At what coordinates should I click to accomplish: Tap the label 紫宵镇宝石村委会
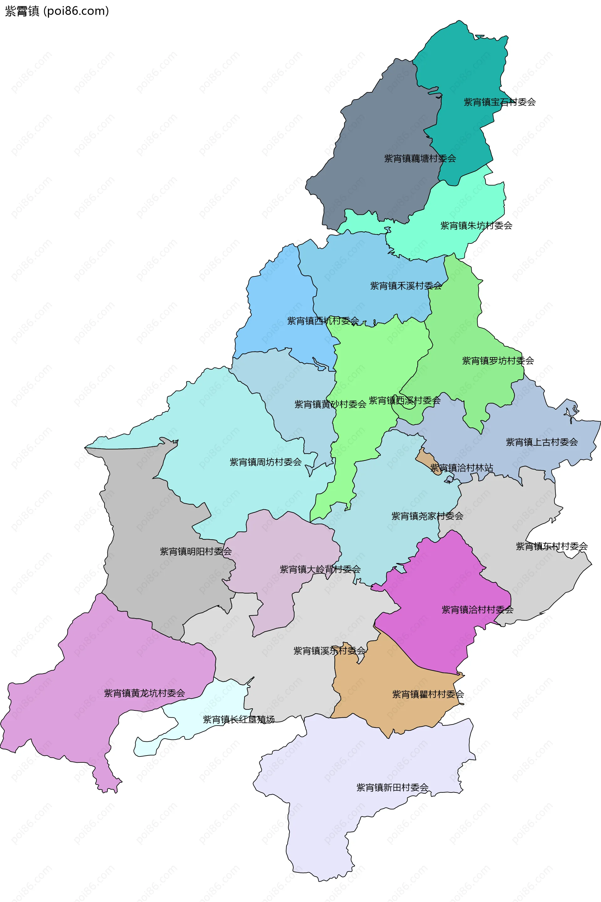[500, 102]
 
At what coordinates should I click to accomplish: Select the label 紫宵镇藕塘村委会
[420, 159]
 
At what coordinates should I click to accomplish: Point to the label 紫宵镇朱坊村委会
[476, 226]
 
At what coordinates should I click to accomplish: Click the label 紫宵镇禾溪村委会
[406, 286]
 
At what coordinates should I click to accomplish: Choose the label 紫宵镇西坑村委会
[323, 321]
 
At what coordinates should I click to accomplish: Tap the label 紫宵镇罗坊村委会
[498, 361]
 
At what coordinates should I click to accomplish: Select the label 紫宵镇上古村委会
[542, 442]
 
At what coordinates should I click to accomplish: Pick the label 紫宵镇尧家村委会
[427, 516]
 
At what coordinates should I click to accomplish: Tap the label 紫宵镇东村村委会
[551, 546]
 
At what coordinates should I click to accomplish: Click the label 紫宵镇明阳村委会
[195, 551]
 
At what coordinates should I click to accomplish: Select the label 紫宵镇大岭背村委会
[320, 569]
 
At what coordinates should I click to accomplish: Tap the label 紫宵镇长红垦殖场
[239, 719]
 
